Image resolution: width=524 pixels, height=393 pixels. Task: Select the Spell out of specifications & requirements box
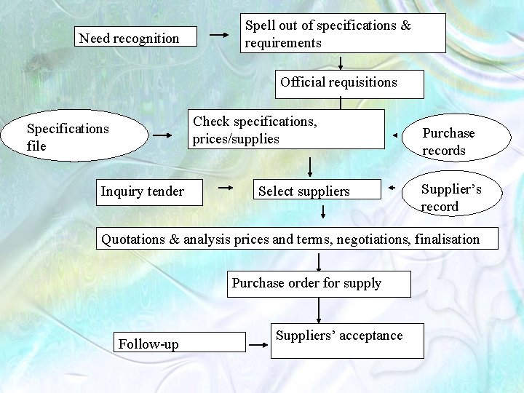tap(343, 33)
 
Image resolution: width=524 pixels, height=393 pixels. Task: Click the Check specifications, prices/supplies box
tap(287, 129)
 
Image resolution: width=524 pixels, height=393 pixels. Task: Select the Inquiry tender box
tap(149, 191)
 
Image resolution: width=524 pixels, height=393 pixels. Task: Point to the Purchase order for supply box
tap(319, 283)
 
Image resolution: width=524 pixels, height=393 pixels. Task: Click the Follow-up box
tap(180, 342)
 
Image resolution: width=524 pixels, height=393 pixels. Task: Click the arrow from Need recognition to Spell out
tap(218, 34)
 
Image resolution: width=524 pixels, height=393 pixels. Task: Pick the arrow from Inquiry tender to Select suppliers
tap(226, 187)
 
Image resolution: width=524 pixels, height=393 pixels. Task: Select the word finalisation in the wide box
tap(447, 239)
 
